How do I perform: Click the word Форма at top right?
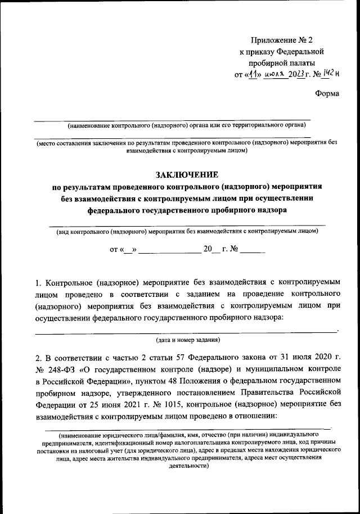(327, 93)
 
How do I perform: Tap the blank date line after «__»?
(169, 251)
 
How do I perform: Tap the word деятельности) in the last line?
(186, 466)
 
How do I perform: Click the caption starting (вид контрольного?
(186, 231)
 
